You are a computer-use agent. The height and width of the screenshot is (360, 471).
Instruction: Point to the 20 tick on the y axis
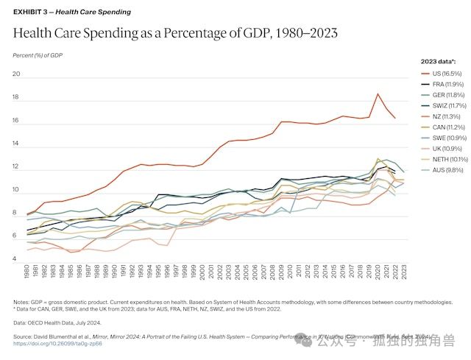(15, 74)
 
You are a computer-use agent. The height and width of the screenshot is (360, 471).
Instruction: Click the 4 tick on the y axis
(15, 259)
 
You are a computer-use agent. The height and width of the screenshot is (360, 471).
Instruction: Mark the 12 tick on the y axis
(15, 167)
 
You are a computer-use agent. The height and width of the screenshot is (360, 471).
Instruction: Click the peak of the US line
(378, 94)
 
